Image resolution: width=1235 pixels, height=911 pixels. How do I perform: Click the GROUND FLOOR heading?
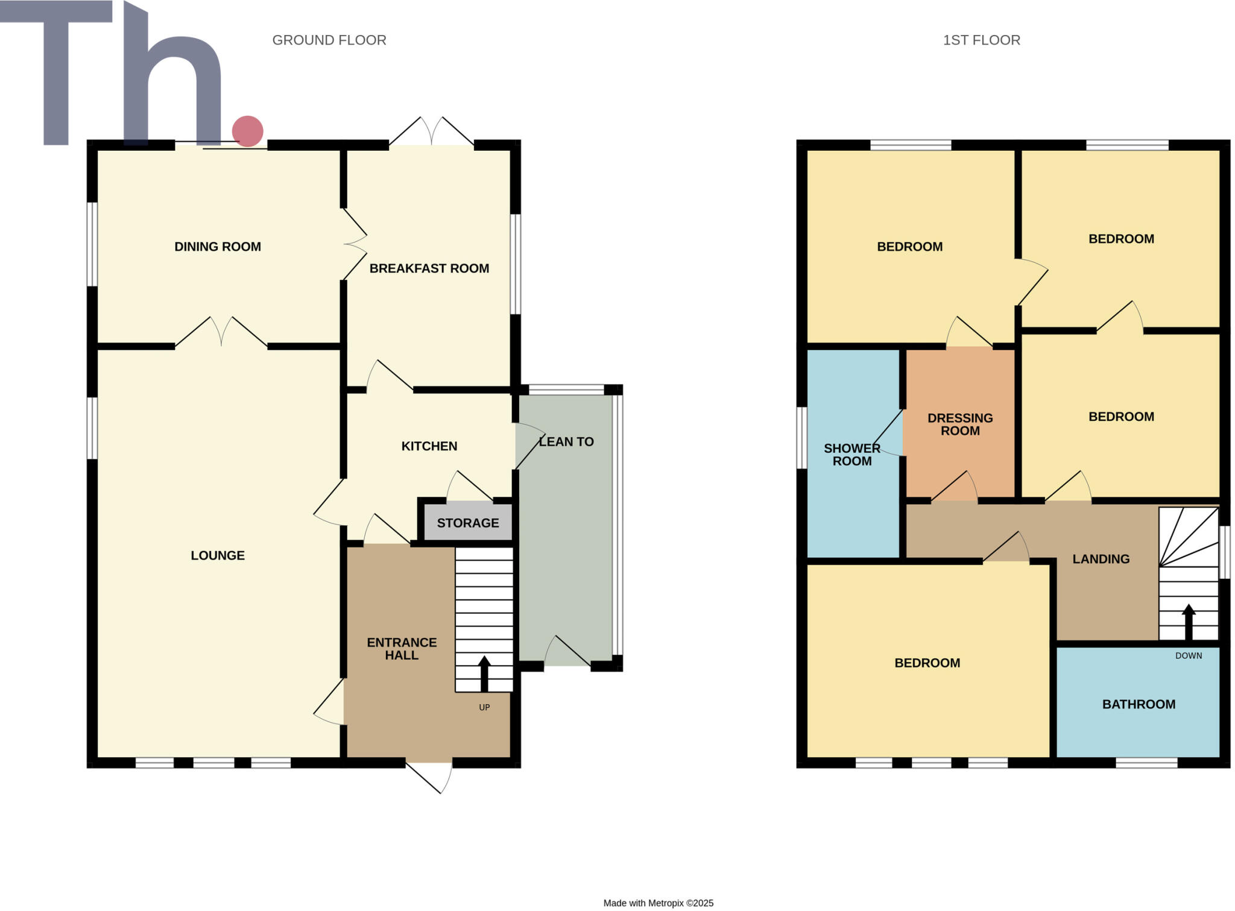pos(329,40)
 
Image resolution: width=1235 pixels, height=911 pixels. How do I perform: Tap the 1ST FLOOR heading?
pos(981,40)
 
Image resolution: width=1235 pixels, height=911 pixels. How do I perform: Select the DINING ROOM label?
pos(217,247)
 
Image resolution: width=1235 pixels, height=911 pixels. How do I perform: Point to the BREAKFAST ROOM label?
pos(429,268)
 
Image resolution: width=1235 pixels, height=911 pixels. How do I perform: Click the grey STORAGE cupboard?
pos(468,523)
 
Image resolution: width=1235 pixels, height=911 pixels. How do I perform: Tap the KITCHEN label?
pos(429,446)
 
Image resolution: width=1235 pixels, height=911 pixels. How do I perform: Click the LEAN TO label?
pos(566,442)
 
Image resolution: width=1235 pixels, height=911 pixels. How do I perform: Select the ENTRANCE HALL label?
pos(402,649)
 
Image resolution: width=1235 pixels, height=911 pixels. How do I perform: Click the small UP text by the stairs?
pos(484,707)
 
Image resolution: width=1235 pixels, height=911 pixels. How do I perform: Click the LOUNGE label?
pos(217,555)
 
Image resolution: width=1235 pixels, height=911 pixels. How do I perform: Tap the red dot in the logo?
pos(247,131)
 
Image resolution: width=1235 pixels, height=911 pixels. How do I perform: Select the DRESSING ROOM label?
pos(960,424)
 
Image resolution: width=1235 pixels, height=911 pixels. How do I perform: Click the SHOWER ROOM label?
pos(851,455)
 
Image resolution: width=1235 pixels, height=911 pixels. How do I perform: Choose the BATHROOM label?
pos(1139,704)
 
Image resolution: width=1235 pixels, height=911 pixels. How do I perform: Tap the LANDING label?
pos(1101,559)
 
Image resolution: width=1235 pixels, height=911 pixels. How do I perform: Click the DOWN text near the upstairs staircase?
pos(1188,655)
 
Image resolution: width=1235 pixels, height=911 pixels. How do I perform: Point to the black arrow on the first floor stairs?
pos(1188,622)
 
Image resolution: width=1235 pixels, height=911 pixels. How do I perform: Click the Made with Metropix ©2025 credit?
pos(658,903)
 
